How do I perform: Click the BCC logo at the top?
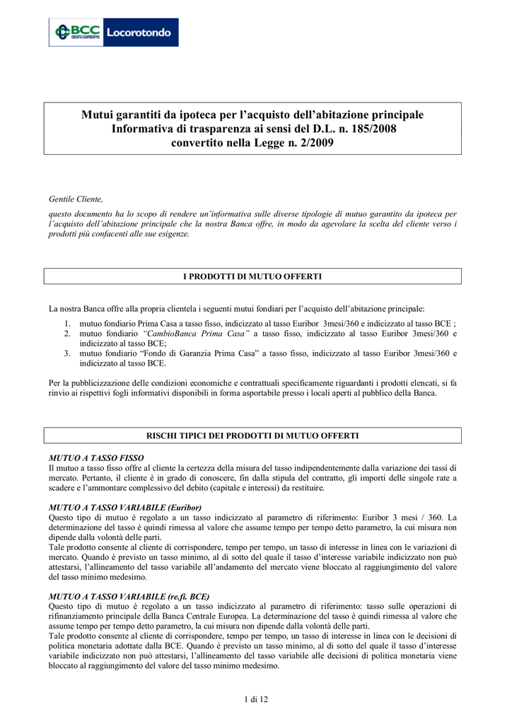click(76, 33)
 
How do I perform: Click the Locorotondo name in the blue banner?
click(140, 33)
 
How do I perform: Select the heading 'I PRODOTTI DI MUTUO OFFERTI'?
click(252, 276)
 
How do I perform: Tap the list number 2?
click(66, 332)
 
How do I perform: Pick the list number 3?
click(66, 353)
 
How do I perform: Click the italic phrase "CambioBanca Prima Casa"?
click(196, 332)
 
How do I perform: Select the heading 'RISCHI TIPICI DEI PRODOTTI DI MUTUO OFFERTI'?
click(252, 436)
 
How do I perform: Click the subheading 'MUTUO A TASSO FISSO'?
click(95, 458)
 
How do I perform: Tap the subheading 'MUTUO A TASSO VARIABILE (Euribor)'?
click(124, 508)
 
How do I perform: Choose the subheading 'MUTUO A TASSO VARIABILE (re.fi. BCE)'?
click(129, 596)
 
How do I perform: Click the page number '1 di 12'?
click(255, 700)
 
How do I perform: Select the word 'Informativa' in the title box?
click(150, 129)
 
